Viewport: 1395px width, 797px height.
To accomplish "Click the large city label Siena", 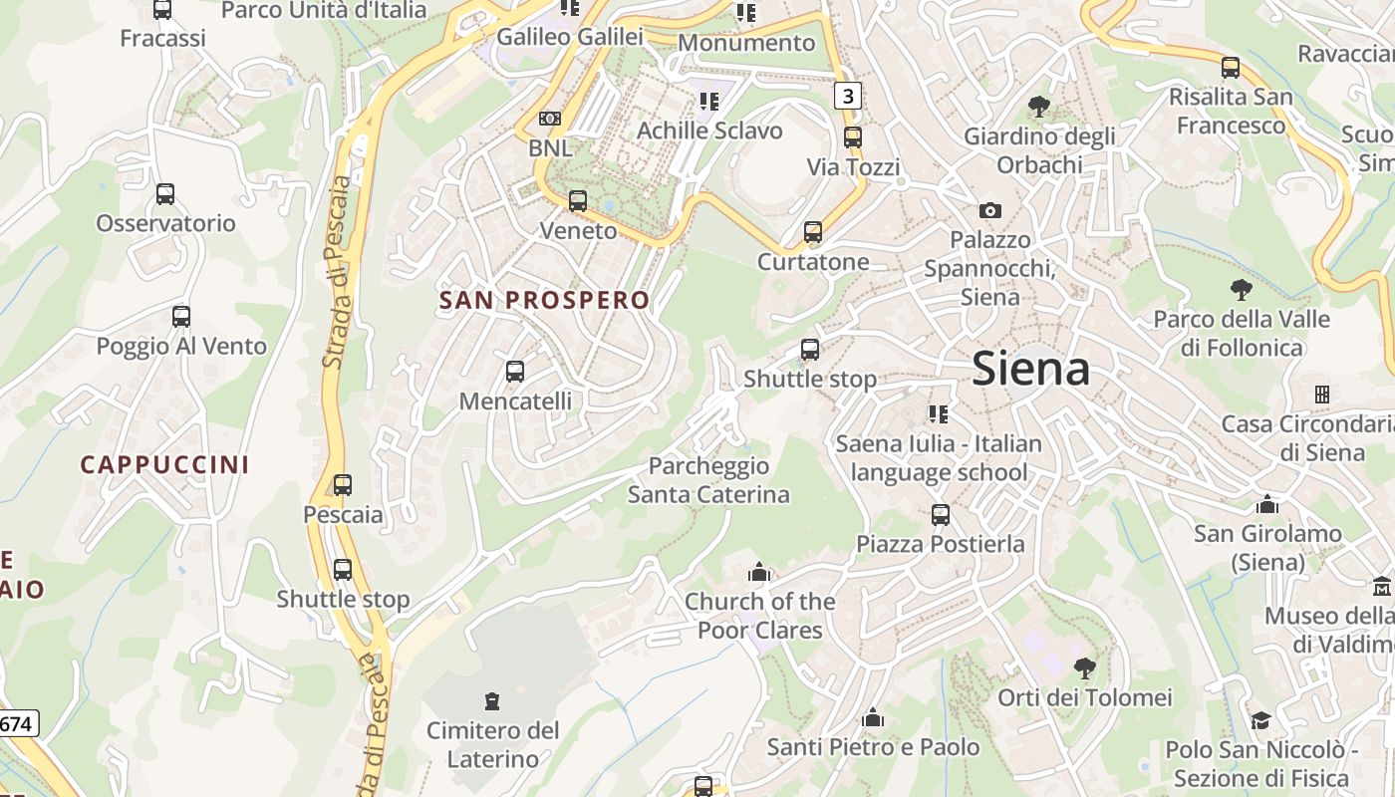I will tap(1030, 369).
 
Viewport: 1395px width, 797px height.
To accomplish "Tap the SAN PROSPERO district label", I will tap(544, 300).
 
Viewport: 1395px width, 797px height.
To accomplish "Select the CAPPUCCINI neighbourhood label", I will tap(164, 464).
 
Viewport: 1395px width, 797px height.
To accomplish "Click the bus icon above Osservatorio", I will tap(165, 194).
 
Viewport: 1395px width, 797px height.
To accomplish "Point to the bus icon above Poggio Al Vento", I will tap(180, 317).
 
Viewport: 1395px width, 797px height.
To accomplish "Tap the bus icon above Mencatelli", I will tap(515, 372).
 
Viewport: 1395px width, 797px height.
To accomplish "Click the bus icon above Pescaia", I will tap(343, 485).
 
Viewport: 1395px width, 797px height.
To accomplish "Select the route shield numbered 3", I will tap(847, 96).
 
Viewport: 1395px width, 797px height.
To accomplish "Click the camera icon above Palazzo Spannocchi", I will tap(989, 210).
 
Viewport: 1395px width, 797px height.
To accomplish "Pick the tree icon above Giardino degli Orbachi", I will tap(1038, 106).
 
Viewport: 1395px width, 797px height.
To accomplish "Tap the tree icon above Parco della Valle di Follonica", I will tap(1241, 290).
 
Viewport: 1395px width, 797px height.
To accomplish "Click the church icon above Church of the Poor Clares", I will tap(759, 573).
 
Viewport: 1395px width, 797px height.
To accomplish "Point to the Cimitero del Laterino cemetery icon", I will tap(492, 701).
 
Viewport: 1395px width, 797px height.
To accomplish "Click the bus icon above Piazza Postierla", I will tap(941, 515).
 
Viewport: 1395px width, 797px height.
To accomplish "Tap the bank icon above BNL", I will tap(549, 119).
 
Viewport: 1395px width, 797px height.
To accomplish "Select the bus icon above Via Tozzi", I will tap(853, 137).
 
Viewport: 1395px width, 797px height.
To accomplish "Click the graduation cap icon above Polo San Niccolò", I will tap(1260, 720).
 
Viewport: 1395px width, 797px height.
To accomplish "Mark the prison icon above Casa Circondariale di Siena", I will tap(1321, 395).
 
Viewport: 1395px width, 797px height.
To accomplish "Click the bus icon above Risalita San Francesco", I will tap(1231, 68).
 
